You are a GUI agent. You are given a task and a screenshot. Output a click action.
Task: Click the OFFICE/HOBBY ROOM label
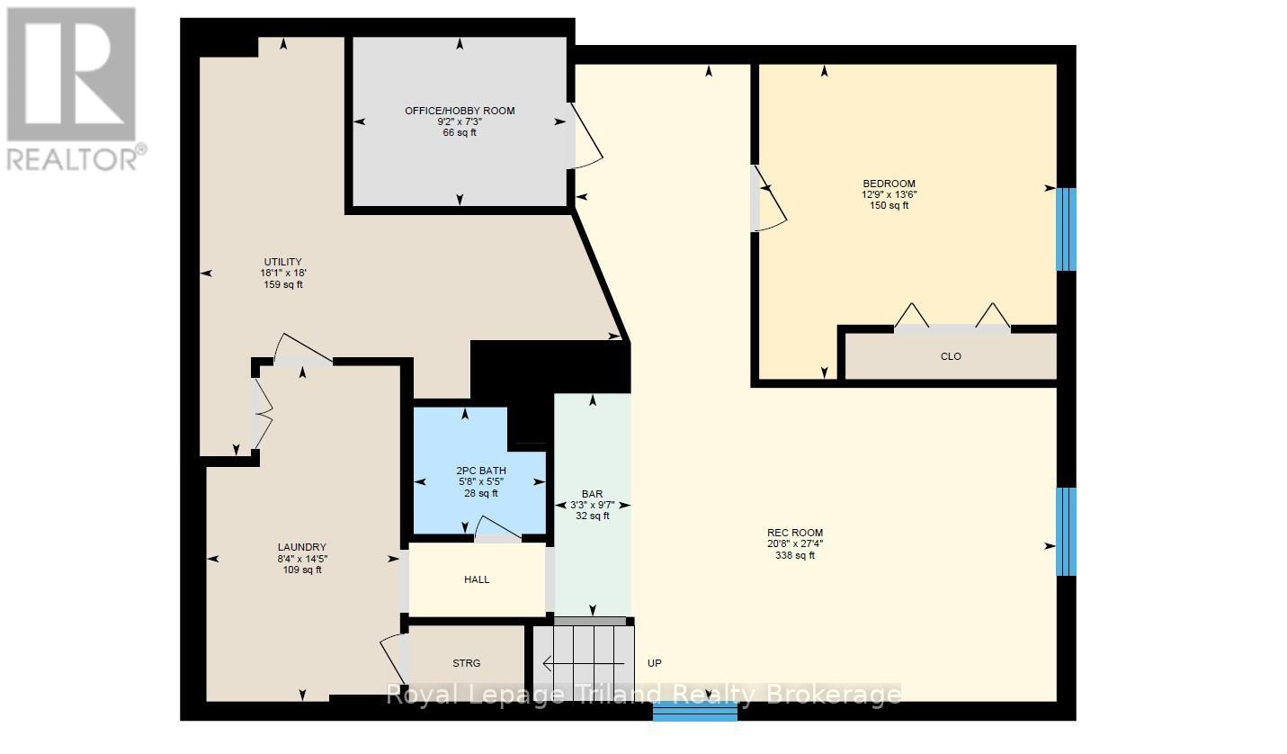click(x=460, y=111)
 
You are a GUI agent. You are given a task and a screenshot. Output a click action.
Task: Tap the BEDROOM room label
click(x=889, y=184)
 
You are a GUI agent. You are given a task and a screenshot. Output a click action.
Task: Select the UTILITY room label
click(x=282, y=262)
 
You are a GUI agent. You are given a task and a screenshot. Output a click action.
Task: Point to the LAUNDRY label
click(x=302, y=547)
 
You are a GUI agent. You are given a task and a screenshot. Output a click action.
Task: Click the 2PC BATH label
click(x=481, y=471)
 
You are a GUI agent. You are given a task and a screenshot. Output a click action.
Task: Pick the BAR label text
click(x=593, y=494)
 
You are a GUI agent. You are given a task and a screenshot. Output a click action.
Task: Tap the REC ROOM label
click(x=795, y=533)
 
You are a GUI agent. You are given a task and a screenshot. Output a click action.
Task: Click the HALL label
click(x=477, y=579)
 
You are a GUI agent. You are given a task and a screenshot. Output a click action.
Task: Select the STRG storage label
click(x=467, y=663)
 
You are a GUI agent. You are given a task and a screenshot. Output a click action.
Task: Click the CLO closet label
click(x=951, y=356)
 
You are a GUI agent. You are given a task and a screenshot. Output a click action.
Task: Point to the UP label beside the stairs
click(x=655, y=663)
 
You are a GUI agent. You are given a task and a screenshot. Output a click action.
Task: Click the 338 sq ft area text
click(x=795, y=555)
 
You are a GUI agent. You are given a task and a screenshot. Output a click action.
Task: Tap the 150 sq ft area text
click(x=889, y=205)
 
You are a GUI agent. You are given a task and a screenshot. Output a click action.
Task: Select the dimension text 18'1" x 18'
click(x=282, y=273)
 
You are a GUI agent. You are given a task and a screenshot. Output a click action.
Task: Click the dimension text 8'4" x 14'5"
click(x=302, y=559)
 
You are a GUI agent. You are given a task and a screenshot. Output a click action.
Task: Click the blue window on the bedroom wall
click(x=1067, y=229)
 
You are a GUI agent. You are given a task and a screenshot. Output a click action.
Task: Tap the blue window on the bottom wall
click(x=695, y=711)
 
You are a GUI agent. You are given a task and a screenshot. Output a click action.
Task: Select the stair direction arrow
click(x=583, y=664)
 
